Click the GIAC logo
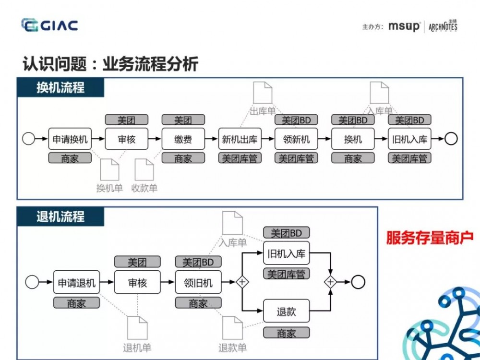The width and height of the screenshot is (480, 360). (49, 25)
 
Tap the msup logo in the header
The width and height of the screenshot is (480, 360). (404, 26)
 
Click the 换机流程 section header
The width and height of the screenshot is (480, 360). (60, 88)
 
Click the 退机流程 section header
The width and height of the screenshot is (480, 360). (60, 216)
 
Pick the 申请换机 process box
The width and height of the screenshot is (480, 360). (70, 139)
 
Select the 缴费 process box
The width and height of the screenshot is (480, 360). (183, 139)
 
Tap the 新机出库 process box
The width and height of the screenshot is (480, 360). (240, 139)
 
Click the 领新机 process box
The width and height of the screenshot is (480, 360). (296, 139)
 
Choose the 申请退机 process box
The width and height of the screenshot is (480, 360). (77, 283)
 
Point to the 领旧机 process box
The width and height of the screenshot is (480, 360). (198, 283)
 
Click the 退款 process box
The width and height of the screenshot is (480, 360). (286, 312)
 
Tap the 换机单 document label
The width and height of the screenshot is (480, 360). (109, 188)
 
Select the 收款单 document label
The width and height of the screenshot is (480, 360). (144, 188)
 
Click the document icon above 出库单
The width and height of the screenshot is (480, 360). (263, 93)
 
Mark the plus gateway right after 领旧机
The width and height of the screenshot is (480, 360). (241, 282)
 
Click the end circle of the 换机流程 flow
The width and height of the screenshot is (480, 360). (451, 139)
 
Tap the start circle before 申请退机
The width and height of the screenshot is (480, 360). (32, 283)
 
